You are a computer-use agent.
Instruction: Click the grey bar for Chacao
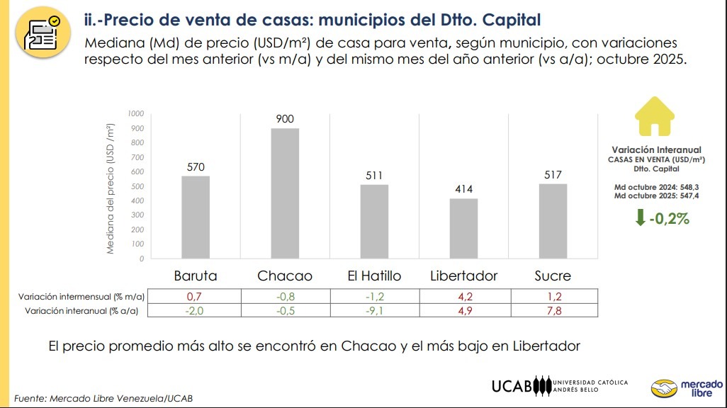tap(285, 193)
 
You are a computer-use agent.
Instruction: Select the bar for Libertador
tap(463, 228)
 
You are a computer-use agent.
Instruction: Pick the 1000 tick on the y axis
tap(136, 113)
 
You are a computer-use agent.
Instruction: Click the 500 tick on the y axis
tap(137, 186)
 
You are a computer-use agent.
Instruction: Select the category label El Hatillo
tap(374, 276)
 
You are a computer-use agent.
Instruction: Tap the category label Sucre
tap(553, 276)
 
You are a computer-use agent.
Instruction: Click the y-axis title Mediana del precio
tap(111, 188)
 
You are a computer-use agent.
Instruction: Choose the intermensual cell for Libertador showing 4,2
tap(463, 297)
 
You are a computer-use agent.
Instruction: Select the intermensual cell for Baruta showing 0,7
tap(196, 297)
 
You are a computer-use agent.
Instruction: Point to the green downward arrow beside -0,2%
tap(641, 218)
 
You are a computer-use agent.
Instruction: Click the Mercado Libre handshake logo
tap(664, 388)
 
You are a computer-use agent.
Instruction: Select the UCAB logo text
tap(512, 386)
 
